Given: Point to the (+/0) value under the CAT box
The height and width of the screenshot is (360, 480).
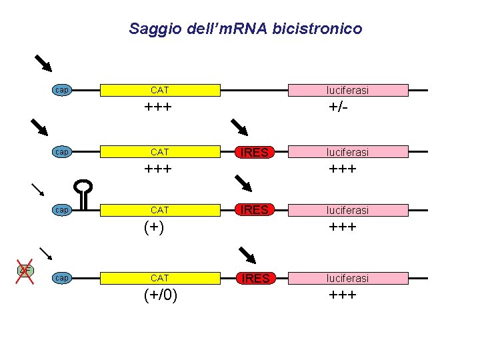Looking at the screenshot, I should [x=160, y=295].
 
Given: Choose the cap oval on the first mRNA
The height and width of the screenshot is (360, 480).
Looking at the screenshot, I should [x=62, y=90].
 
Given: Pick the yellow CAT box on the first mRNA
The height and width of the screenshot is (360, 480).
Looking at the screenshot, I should [x=160, y=90].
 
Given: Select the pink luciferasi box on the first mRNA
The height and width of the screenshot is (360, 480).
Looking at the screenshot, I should [x=347, y=90].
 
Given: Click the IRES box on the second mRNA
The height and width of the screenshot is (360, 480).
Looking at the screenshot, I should [x=255, y=153].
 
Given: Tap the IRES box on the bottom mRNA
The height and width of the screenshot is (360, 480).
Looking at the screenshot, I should [x=255, y=278].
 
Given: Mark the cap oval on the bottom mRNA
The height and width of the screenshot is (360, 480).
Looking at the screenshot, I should [x=62, y=278].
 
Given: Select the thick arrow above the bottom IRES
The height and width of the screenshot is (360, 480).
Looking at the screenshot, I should [x=247, y=255].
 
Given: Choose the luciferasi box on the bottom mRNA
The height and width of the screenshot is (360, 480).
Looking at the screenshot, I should [x=347, y=278].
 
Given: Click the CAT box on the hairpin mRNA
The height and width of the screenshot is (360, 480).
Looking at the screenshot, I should [x=160, y=210].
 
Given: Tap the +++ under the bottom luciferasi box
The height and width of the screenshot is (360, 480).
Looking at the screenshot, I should [x=342, y=295].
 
